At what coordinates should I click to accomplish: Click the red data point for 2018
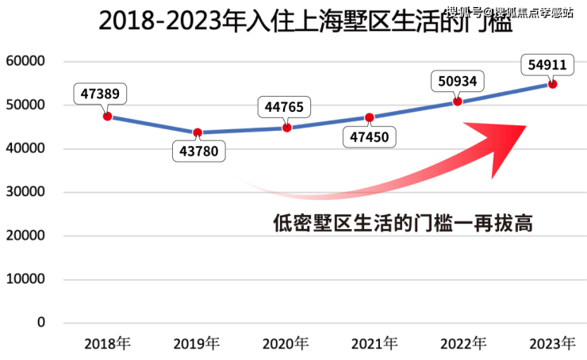point(107,117)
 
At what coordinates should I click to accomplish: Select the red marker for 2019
point(198,132)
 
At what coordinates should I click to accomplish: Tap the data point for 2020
point(286,128)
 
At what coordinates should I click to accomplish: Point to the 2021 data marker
point(369,117)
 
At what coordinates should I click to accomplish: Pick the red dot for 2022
point(457,101)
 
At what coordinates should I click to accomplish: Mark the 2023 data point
point(553,84)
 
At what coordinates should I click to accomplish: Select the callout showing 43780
point(199,151)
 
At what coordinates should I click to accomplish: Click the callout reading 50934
point(458,81)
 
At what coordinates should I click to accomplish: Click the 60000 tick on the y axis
point(25,61)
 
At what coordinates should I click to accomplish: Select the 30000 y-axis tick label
point(25,192)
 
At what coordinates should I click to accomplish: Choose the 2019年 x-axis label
point(198,343)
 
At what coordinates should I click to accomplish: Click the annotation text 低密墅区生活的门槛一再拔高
point(401,224)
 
